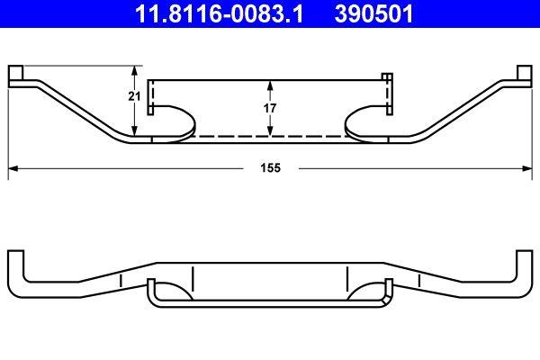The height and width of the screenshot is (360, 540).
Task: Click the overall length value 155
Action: point(270,168)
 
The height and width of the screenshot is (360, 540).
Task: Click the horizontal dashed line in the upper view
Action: point(270,137)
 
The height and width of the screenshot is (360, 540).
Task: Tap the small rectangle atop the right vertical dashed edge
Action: point(387,77)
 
